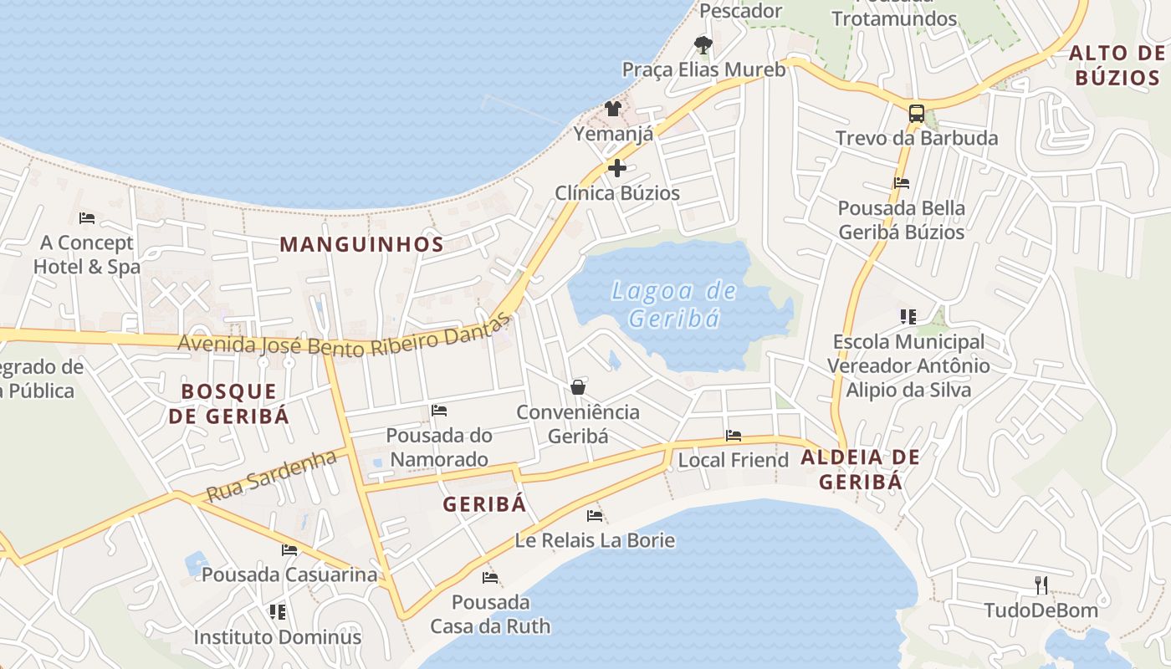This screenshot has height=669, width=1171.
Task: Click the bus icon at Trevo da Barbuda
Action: pyautogui.click(x=917, y=114)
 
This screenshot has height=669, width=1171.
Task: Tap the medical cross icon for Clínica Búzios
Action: pyautogui.click(x=617, y=168)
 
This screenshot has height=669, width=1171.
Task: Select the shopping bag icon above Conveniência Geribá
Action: pyautogui.click(x=578, y=387)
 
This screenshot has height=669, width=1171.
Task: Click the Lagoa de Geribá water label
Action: pyautogui.click(x=674, y=304)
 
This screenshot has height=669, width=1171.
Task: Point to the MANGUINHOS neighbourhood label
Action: pyautogui.click(x=361, y=244)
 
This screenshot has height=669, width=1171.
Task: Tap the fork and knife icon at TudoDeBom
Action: pyautogui.click(x=1041, y=585)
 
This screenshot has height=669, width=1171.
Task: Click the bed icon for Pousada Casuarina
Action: pyautogui.click(x=289, y=550)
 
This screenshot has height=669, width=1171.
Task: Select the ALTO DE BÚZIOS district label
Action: pyautogui.click(x=1117, y=66)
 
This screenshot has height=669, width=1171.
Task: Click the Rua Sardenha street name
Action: pyautogui.click(x=271, y=476)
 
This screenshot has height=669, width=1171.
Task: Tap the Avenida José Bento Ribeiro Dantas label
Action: pyautogui.click(x=344, y=334)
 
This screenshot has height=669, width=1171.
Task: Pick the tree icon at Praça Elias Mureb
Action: pyautogui.click(x=703, y=44)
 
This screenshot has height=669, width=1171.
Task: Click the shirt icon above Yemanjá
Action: pyautogui.click(x=613, y=109)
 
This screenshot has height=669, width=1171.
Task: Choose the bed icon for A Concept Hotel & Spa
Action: pyautogui.click(x=87, y=218)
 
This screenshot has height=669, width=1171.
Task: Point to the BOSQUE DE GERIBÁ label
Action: pyautogui.click(x=228, y=403)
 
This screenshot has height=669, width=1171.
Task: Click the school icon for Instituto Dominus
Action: pyautogui.click(x=278, y=612)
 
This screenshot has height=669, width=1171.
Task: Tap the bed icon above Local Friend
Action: pyautogui.click(x=734, y=436)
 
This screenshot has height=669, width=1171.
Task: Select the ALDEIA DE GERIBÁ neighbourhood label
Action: pyautogui.click(x=860, y=469)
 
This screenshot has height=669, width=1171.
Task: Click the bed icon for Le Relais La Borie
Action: pyautogui.click(x=595, y=516)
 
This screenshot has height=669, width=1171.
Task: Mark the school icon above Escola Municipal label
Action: pyautogui.click(x=908, y=316)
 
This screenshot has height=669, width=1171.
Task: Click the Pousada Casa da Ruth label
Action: pyautogui.click(x=490, y=614)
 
